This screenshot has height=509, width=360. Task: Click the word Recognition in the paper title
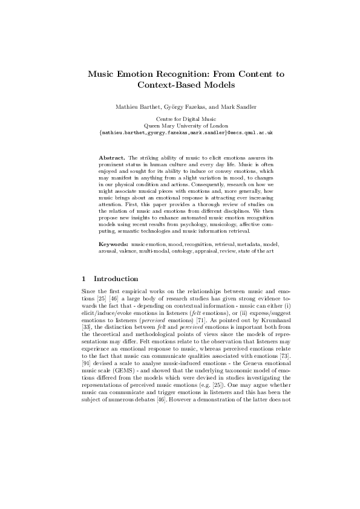[x=188, y=74]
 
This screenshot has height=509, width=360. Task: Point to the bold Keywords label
[x=113, y=243]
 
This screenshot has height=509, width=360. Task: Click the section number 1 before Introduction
[x=83, y=279]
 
